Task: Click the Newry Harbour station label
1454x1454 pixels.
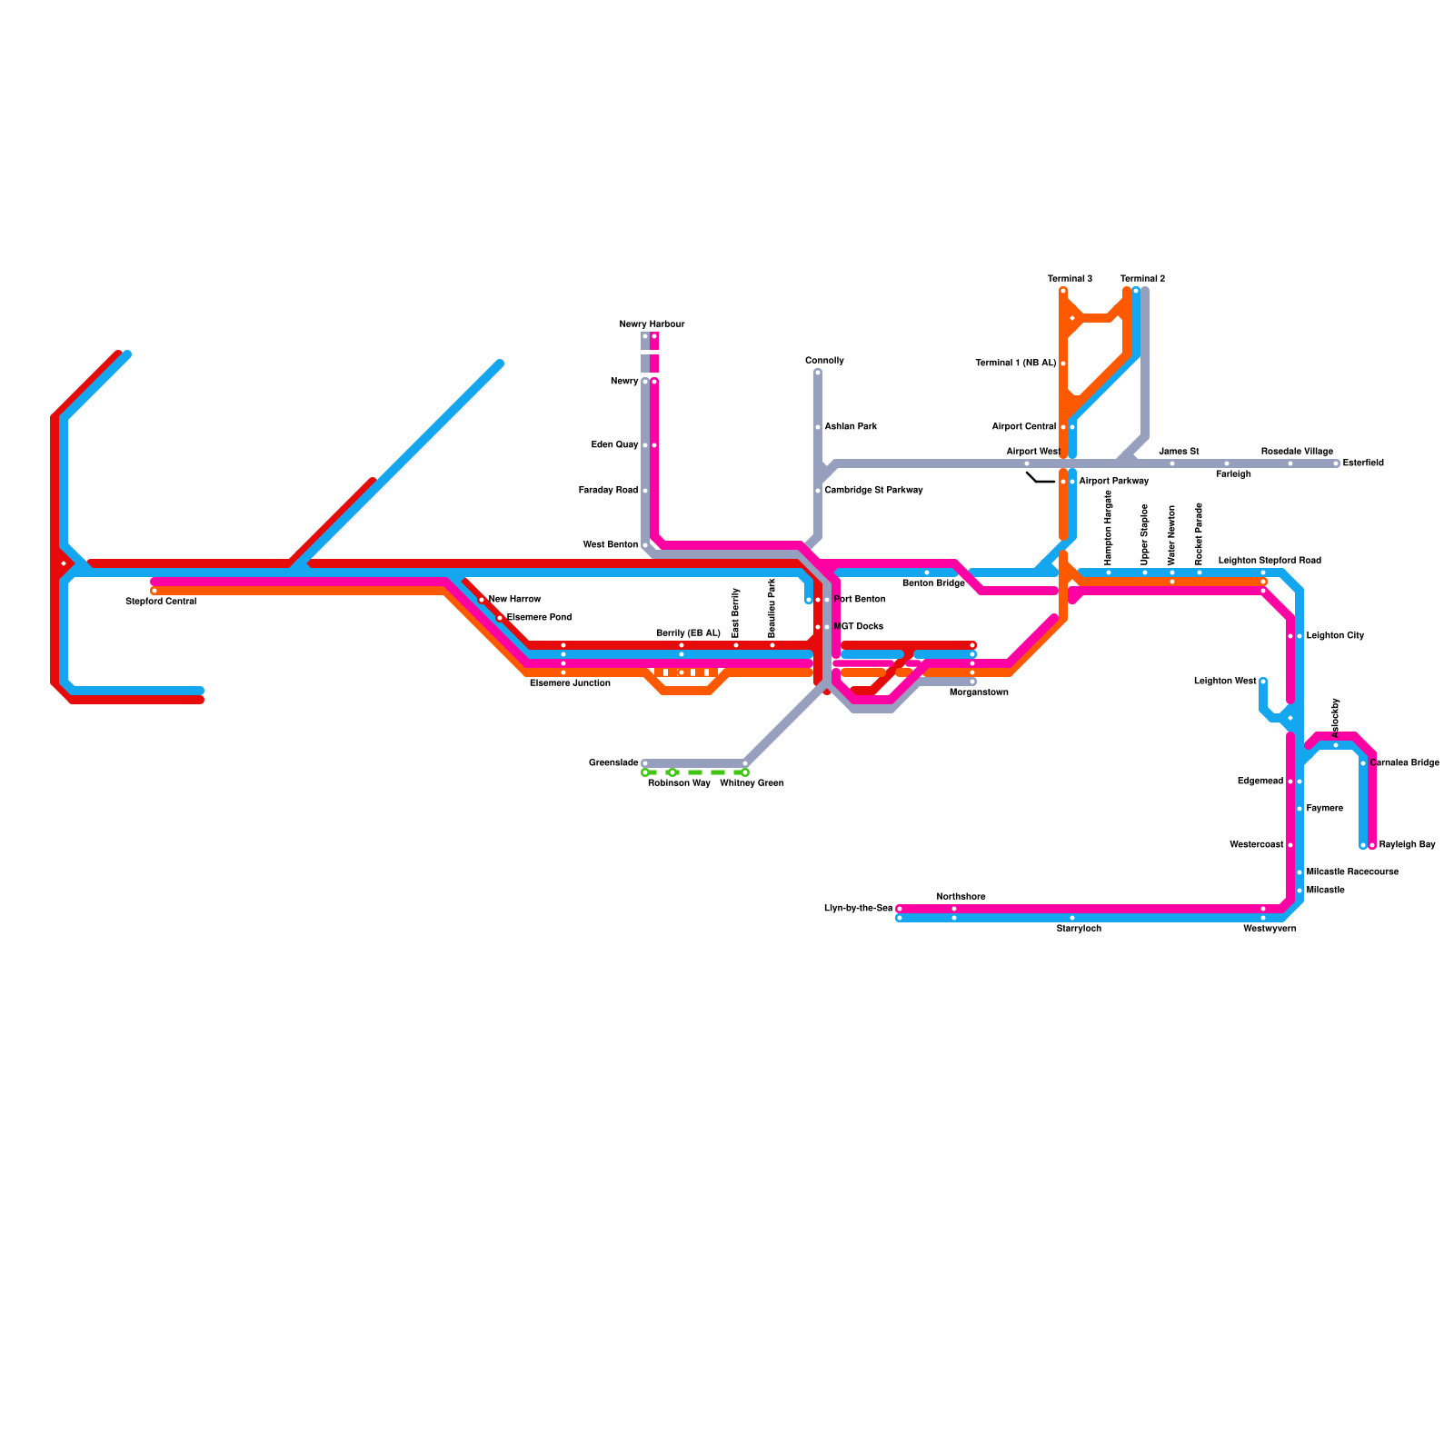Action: [x=652, y=324]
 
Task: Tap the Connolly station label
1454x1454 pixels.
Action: [x=824, y=361]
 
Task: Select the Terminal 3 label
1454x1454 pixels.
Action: [x=1070, y=279]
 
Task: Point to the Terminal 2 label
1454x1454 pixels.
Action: [x=1142, y=279]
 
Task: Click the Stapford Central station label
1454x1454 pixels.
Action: [x=161, y=602]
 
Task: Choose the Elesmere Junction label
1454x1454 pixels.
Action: [x=570, y=683]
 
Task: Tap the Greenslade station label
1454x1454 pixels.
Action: [x=613, y=763]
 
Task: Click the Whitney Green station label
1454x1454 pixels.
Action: [x=752, y=783]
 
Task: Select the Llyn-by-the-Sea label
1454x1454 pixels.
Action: [x=858, y=909]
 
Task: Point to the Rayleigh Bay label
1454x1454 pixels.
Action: [x=1407, y=845]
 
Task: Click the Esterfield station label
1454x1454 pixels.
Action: [x=1363, y=463]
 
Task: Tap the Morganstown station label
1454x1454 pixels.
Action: [x=979, y=692]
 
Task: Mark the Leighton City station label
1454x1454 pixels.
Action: [x=1335, y=636]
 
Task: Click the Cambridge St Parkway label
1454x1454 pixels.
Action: [x=873, y=491]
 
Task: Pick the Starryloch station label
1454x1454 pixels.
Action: [x=1079, y=929]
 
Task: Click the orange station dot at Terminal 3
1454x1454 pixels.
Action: [x=1063, y=291]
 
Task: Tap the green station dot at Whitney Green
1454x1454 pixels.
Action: [x=745, y=772]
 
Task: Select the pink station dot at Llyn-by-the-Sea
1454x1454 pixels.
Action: [x=900, y=909]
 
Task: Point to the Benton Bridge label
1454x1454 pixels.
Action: [x=933, y=583]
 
